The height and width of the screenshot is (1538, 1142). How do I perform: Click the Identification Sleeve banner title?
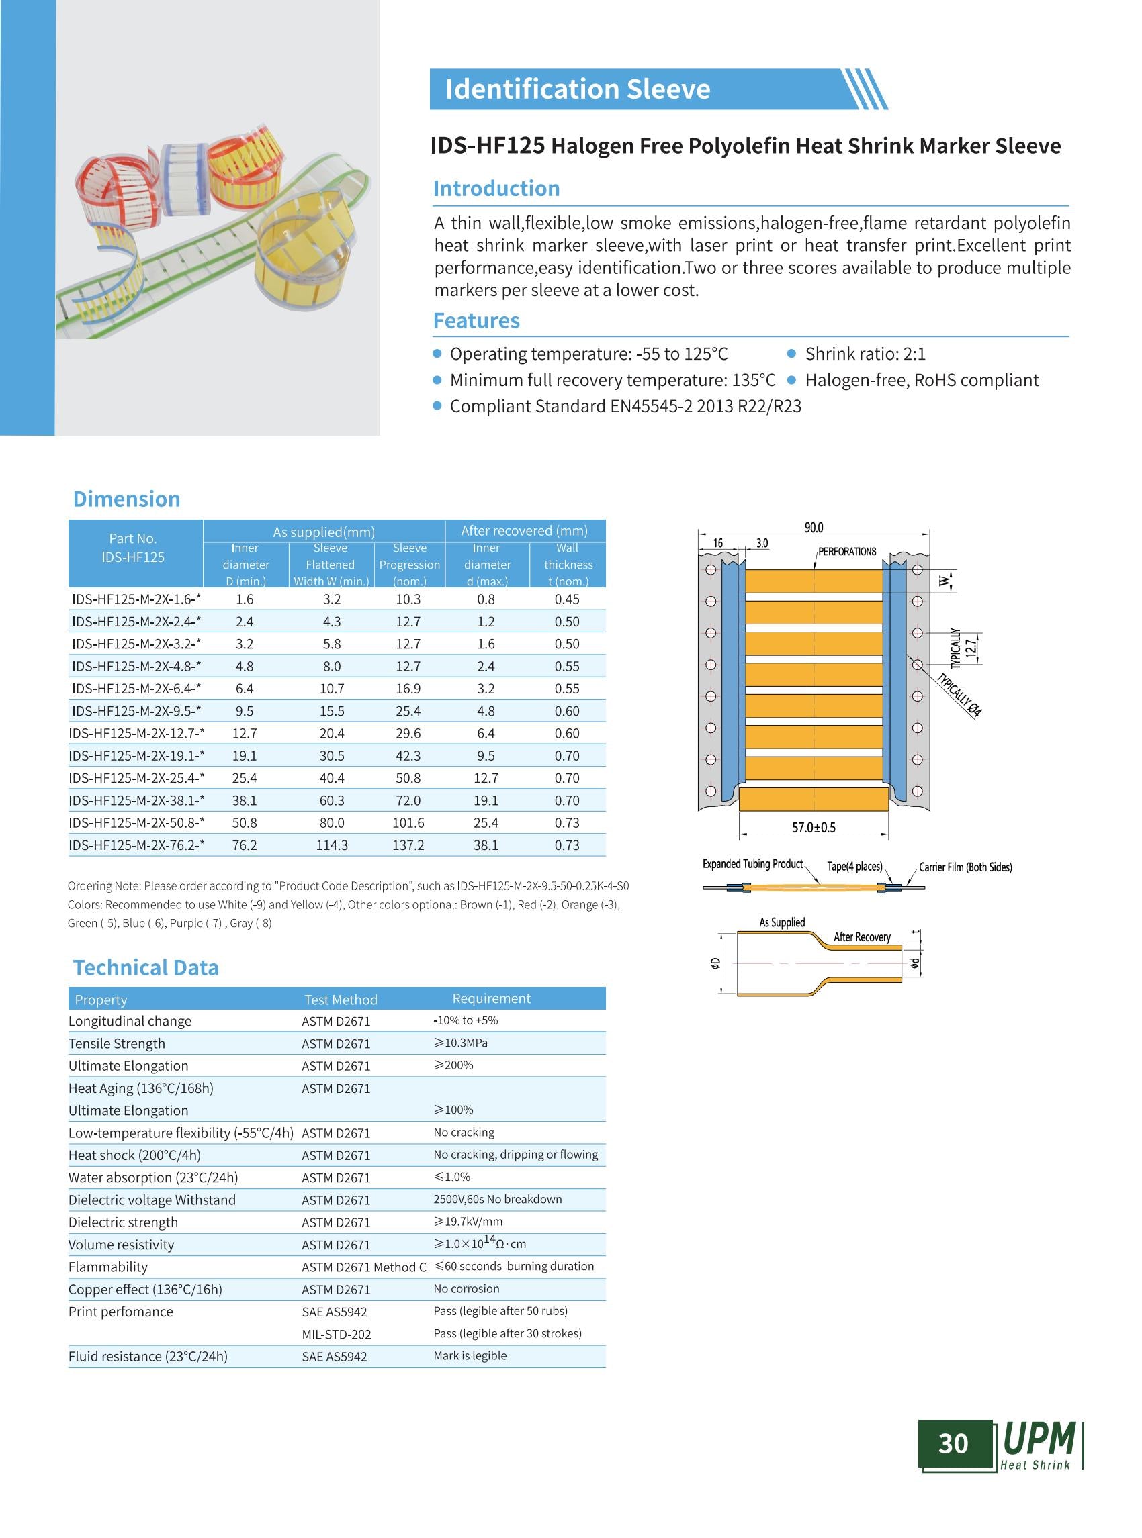click(577, 89)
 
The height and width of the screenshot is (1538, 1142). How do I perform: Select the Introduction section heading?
click(496, 189)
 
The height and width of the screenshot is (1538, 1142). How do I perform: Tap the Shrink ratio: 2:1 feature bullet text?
click(865, 354)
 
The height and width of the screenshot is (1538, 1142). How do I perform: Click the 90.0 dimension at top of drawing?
click(814, 528)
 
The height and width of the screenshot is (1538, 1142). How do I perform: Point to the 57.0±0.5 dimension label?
click(814, 827)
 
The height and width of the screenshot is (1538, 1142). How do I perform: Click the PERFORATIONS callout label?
click(847, 551)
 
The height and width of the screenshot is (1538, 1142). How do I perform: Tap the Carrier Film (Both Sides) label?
click(965, 867)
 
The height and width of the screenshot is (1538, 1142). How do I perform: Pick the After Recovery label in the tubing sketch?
click(862, 937)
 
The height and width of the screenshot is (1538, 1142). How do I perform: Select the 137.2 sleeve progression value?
click(408, 845)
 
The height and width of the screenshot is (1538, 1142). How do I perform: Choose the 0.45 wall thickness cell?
click(567, 599)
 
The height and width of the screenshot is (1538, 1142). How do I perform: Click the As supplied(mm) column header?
click(324, 532)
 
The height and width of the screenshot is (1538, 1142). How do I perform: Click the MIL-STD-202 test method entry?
click(336, 1334)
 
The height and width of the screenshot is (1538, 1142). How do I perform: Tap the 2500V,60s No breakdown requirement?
click(498, 1199)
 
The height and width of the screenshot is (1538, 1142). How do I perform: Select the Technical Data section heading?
click(146, 967)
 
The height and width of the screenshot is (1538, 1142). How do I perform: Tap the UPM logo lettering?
click(1039, 1439)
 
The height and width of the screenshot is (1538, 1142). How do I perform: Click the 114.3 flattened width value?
click(332, 845)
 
